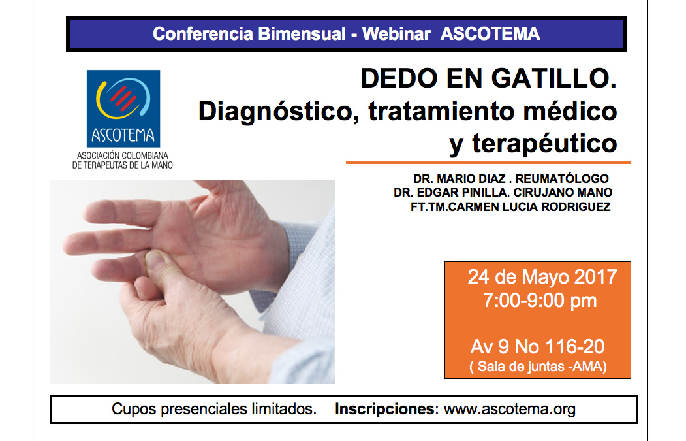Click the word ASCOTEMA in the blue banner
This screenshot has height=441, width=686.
point(490,34)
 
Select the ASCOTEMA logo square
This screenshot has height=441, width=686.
point(123,108)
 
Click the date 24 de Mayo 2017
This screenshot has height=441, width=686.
point(542,277)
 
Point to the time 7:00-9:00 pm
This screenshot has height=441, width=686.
point(540,301)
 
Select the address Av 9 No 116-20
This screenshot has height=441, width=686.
point(538,347)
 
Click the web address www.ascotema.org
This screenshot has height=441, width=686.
point(510,410)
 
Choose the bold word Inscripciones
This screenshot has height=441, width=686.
point(384,410)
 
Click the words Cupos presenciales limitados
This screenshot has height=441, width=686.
point(214,410)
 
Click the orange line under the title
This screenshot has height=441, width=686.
point(488,163)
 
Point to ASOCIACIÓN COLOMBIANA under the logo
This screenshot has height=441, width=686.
point(123,156)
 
